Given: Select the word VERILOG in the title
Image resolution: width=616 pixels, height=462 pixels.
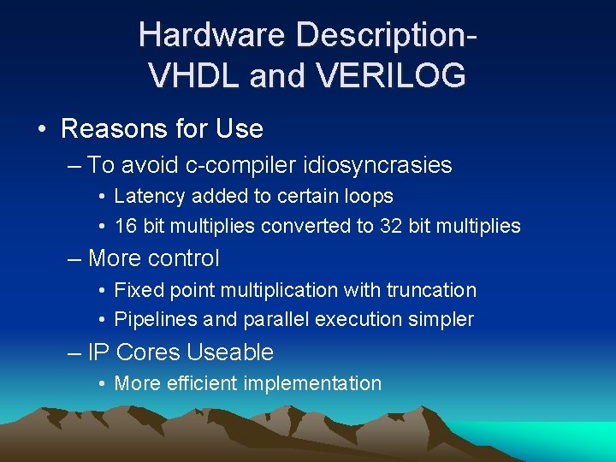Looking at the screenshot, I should (393, 76).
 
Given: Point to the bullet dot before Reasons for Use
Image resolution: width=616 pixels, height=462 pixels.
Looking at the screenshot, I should (42, 130).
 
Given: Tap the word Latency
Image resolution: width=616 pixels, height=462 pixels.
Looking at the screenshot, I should (150, 197).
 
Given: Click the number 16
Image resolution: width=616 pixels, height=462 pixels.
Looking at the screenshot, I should (125, 226).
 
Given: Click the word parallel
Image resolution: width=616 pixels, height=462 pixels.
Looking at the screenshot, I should (277, 320).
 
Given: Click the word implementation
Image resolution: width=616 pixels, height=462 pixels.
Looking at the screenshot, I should (312, 383).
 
